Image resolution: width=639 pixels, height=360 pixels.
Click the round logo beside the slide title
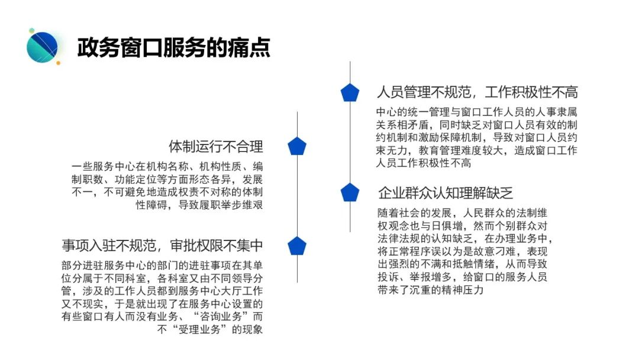(x=43, y=47)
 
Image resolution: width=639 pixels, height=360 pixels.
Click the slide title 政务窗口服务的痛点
(x=173, y=47)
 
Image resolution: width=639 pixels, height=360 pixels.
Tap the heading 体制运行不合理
(x=216, y=147)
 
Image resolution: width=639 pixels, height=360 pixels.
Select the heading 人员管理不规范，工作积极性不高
(x=477, y=92)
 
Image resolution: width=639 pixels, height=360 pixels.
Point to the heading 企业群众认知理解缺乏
(x=445, y=193)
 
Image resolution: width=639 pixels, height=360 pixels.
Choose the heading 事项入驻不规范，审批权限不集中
(x=162, y=246)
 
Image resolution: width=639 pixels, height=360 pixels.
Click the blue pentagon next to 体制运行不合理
(x=297, y=146)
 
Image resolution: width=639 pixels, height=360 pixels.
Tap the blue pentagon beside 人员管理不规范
(x=350, y=92)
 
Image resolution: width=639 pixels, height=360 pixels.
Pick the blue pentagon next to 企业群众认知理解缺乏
(x=350, y=192)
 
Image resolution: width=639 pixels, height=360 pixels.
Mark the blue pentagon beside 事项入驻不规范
(x=297, y=246)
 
